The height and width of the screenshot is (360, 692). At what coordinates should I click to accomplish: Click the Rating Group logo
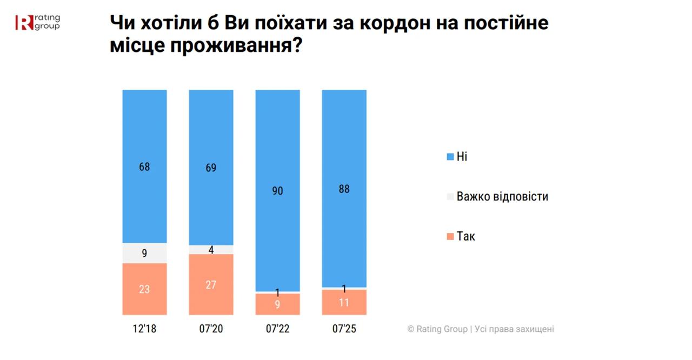click(38, 22)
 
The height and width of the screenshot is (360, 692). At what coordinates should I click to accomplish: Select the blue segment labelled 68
click(144, 166)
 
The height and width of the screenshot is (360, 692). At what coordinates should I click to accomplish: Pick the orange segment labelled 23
click(144, 289)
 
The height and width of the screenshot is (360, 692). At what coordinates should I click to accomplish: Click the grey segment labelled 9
click(144, 252)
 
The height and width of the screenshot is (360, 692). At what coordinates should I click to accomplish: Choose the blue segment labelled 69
click(211, 168)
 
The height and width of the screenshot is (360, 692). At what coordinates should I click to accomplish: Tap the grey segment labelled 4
click(211, 250)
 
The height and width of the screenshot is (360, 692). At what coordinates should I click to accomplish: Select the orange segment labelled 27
click(211, 284)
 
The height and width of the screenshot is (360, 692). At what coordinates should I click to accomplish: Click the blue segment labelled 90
click(277, 190)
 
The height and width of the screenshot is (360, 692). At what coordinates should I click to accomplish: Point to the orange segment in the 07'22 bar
click(277, 304)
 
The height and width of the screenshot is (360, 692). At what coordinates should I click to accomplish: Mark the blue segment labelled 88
click(344, 189)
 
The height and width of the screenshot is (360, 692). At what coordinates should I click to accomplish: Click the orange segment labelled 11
click(344, 302)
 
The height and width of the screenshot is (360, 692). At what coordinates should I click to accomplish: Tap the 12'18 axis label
click(144, 329)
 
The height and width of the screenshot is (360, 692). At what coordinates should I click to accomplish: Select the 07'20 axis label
click(211, 329)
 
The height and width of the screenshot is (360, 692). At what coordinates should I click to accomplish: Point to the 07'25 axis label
click(344, 329)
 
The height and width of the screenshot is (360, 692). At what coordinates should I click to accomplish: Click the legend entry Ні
click(461, 157)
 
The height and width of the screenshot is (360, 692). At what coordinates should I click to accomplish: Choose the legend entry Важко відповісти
click(502, 196)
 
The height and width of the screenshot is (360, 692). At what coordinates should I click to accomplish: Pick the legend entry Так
click(465, 236)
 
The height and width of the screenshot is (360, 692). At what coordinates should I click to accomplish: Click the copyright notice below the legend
click(481, 329)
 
